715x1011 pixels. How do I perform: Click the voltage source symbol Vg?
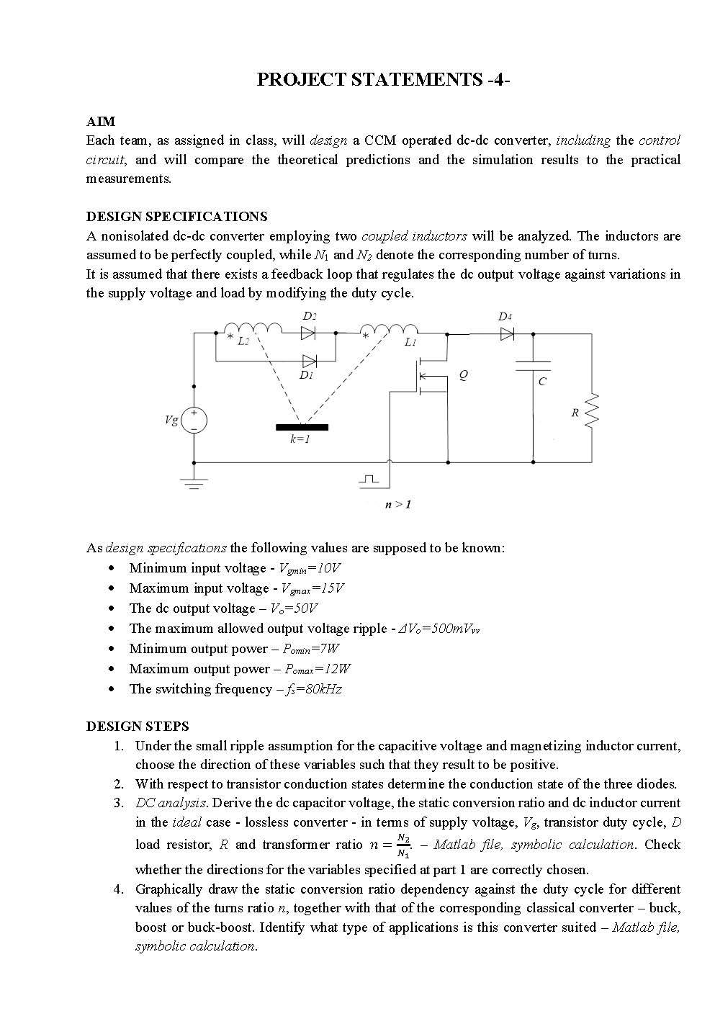pos(194,421)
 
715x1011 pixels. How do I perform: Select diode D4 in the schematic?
pos(507,333)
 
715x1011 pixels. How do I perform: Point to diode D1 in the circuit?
pos(310,361)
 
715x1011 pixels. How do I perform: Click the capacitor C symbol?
pos(534,366)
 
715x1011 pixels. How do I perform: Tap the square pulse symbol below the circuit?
pos(369,479)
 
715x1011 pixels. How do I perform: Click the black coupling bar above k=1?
pos(302,427)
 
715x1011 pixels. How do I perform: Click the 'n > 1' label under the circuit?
pos(398,504)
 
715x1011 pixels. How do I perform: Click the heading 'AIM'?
pos(100,121)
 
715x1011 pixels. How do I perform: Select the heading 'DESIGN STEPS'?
pos(138,726)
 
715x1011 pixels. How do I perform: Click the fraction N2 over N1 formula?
pos(404,845)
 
